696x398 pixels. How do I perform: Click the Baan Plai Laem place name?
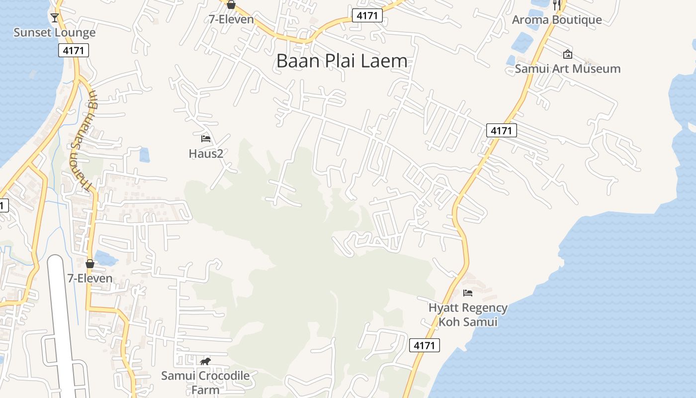[342, 61]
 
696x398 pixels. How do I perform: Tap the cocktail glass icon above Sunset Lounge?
[54, 18]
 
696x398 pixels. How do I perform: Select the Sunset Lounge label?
[54, 33]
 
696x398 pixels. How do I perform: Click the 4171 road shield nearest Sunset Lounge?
[74, 50]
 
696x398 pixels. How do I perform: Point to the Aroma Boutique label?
[557, 20]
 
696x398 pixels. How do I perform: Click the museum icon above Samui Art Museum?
[567, 54]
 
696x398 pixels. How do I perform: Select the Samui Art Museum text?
[567, 69]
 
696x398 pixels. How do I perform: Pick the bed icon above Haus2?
[206, 139]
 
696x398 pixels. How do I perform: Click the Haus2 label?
[206, 154]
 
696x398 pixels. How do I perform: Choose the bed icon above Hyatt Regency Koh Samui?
[468, 293]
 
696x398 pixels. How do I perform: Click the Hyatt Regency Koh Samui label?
[468, 315]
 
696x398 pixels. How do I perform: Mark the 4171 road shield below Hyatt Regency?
[425, 345]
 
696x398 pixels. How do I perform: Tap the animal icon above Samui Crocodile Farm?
[205, 361]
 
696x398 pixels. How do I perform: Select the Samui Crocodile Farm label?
[205, 382]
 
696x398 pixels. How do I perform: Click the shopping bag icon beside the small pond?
[90, 264]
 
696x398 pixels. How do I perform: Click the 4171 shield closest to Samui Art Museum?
[502, 131]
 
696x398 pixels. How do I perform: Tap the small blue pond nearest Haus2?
[144, 155]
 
